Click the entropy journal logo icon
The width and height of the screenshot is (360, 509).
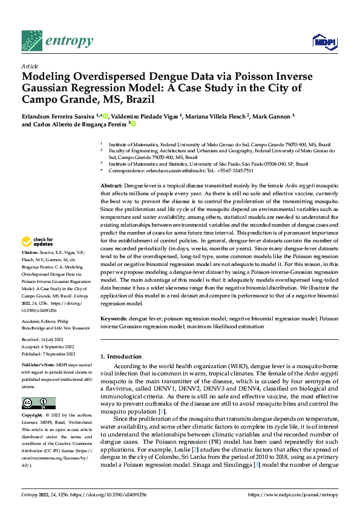(x=31, y=40)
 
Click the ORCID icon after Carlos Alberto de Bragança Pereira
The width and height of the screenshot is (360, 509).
(x=133, y=124)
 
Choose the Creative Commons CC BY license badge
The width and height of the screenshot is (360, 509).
(x=38, y=403)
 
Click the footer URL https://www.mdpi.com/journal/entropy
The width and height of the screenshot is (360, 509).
(x=293, y=493)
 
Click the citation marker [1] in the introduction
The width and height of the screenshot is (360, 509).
(x=161, y=411)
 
